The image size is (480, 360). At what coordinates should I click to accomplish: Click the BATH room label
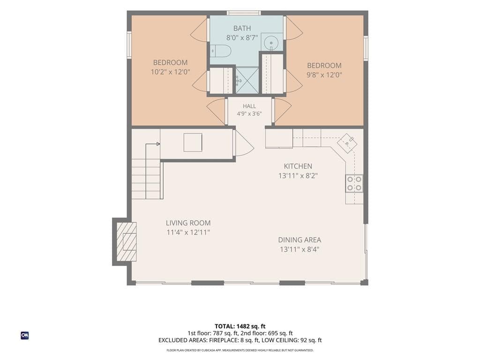242,29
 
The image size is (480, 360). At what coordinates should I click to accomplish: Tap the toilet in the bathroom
220,51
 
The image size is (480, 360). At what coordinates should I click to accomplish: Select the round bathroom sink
271,42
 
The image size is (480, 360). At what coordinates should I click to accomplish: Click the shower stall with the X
247,80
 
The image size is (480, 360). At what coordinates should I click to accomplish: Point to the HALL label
249,106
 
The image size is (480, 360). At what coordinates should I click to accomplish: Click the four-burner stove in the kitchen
354,183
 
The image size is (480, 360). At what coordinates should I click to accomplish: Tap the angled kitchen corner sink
347,142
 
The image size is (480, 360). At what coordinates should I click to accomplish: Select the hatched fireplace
127,241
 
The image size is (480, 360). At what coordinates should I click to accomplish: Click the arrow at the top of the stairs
153,144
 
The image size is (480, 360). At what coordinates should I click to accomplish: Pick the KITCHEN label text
298,166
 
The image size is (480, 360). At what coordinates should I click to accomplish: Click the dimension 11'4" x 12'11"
188,232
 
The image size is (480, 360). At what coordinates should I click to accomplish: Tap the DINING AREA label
300,240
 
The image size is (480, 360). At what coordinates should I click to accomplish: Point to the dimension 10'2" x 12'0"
171,72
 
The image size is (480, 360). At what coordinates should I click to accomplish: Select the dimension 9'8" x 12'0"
324,75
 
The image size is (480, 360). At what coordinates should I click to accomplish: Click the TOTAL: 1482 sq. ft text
240,326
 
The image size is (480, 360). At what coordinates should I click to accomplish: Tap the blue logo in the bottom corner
25,336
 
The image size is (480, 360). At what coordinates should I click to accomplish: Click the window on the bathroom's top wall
244,13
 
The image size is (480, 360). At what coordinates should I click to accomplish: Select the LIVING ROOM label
188,223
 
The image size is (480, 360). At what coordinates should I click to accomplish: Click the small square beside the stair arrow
193,142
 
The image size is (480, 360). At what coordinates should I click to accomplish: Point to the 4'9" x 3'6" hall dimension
249,114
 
